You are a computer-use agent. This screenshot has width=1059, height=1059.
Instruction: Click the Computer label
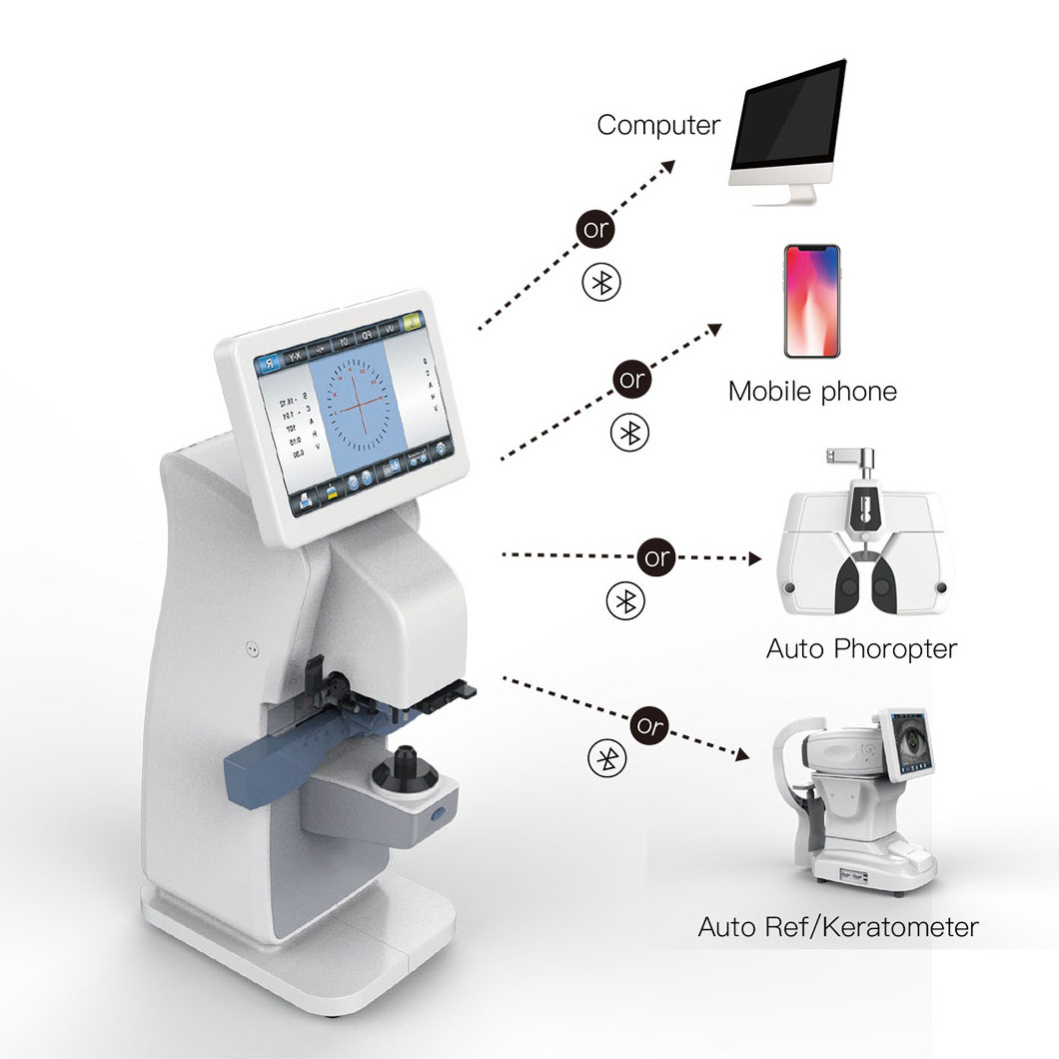coord(658,126)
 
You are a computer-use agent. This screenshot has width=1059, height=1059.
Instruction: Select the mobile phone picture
coord(811,299)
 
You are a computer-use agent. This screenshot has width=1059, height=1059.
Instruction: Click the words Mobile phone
coord(812,391)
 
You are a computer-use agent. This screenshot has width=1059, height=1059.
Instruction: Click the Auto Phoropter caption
coord(861,649)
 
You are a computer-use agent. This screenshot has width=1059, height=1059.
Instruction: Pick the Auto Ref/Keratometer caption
coord(838,927)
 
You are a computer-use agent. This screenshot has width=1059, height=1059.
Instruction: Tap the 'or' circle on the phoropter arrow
coord(656,557)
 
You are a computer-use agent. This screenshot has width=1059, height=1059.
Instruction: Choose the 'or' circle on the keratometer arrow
coord(649,724)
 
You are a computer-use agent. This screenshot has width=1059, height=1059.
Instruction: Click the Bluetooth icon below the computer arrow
coord(601,282)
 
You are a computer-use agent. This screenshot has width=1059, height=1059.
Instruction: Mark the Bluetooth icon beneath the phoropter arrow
coord(626,600)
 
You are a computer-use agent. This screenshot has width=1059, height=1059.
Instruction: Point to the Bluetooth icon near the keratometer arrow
coord(605,759)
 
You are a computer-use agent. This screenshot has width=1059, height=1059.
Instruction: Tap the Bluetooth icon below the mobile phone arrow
coord(629,432)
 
